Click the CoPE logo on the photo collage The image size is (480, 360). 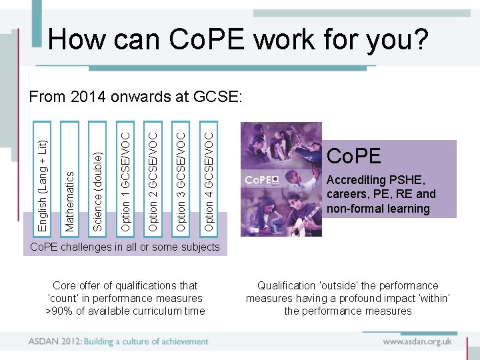point(260,180)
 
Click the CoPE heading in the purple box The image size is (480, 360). point(353,156)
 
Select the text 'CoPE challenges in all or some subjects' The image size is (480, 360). point(125,247)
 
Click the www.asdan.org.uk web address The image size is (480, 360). point(417,341)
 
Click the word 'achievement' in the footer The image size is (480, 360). point(181,341)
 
